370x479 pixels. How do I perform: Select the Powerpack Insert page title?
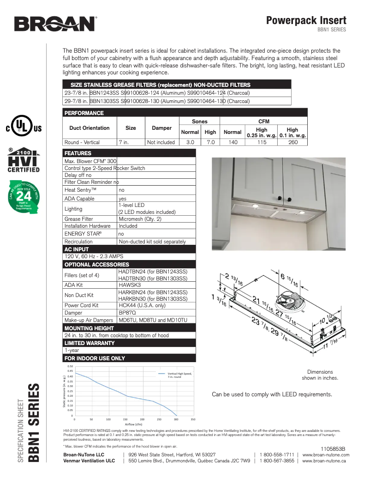[306, 20]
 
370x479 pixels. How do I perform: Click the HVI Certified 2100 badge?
[23, 161]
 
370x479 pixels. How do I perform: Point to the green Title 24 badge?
[23, 200]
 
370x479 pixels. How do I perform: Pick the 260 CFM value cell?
[292, 142]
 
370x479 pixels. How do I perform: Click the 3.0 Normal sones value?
[190, 142]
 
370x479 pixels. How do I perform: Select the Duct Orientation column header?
[90, 128]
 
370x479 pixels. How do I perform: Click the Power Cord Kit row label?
[81, 305]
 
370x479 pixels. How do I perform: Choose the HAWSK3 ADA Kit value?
[130, 285]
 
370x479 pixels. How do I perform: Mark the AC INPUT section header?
[77, 249]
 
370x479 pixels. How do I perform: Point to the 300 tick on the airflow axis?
[176, 419]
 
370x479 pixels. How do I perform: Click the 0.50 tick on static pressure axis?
[71, 366]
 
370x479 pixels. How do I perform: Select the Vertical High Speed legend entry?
[179, 375]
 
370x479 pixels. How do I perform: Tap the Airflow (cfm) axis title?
[133, 424]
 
